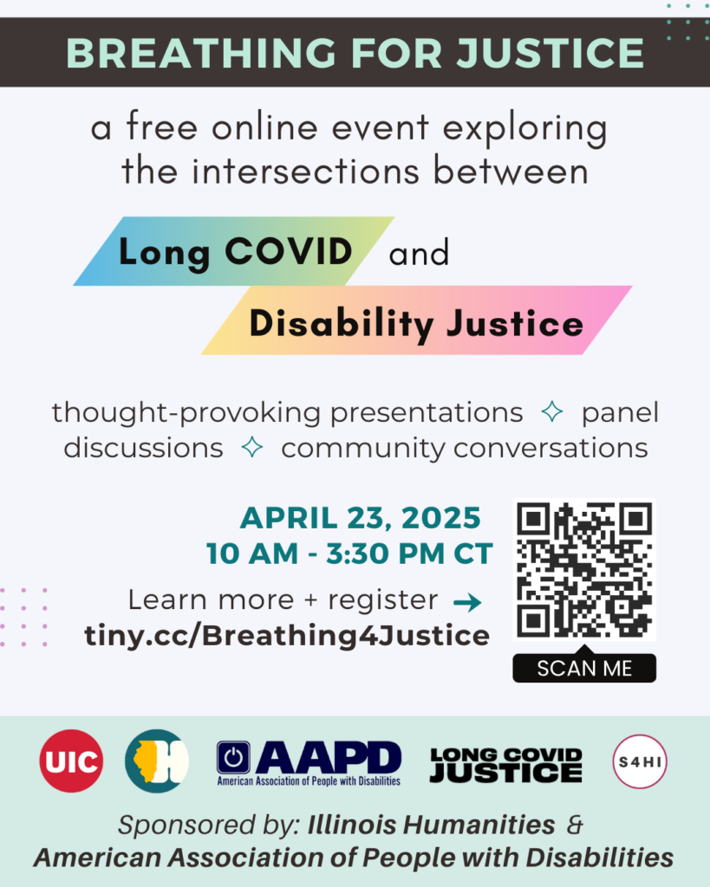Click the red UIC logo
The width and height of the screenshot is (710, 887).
pyautogui.click(x=71, y=761)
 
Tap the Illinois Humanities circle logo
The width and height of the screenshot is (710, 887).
pyautogui.click(x=157, y=761)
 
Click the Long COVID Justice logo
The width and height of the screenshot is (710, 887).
pyautogui.click(x=506, y=765)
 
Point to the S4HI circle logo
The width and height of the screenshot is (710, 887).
pyautogui.click(x=640, y=761)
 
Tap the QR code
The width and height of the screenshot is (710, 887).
pyautogui.click(x=584, y=570)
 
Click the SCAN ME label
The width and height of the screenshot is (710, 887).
pyautogui.click(x=584, y=668)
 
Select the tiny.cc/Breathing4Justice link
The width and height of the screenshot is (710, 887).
pyautogui.click(x=287, y=636)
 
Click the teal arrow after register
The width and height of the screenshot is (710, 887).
pyautogui.click(x=467, y=603)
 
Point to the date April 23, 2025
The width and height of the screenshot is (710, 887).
pyautogui.click(x=361, y=518)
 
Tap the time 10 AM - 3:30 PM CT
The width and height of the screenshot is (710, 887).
pyautogui.click(x=349, y=554)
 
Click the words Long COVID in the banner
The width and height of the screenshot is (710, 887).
pyautogui.click(x=236, y=252)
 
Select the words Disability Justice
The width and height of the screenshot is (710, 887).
pyautogui.click(x=416, y=324)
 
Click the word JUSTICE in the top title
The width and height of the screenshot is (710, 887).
pyautogui.click(x=550, y=53)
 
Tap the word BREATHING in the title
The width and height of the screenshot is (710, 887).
pyautogui.click(x=201, y=53)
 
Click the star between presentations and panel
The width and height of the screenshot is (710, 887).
pyautogui.click(x=552, y=411)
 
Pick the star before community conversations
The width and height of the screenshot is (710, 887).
pyautogui.click(x=252, y=447)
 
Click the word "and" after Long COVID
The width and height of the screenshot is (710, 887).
pyautogui.click(x=419, y=253)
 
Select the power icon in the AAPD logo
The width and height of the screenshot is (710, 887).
pyautogui.click(x=233, y=757)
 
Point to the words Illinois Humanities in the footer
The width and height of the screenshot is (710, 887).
pyautogui.click(x=431, y=825)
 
